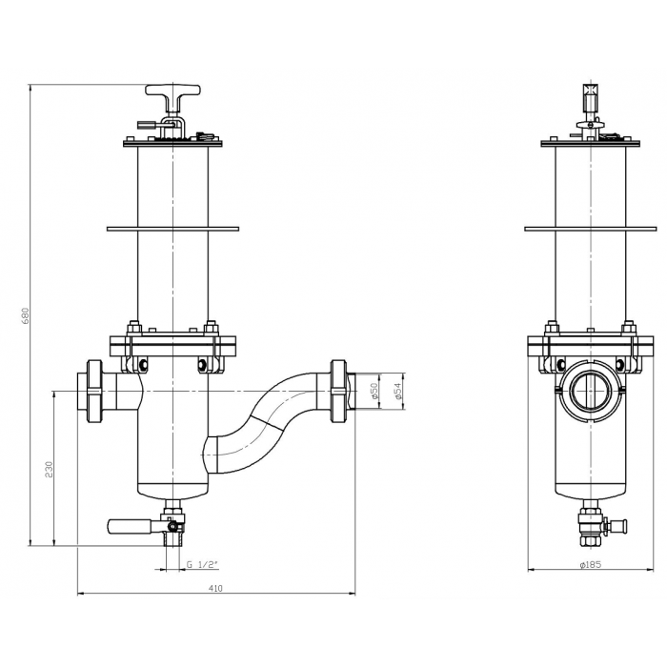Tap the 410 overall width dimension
pyautogui.click(x=215, y=589)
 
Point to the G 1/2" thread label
pyautogui.click(x=202, y=565)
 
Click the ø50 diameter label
pyautogui.click(x=375, y=391)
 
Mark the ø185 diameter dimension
pyautogui.click(x=593, y=565)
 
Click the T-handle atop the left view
pyautogui.click(x=172, y=93)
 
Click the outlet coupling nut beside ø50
pyautogui.click(x=337, y=391)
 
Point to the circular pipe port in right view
pyautogui.click(x=593, y=392)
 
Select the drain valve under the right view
pyautogui.click(x=593, y=526)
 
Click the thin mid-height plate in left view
pyautogui.click(x=172, y=228)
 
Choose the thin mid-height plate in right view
pyautogui.click(x=593, y=228)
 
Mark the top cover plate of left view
pyautogui.click(x=172, y=143)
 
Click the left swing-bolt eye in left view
pyautogui.click(x=143, y=364)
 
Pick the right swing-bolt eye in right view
pyautogui.click(x=622, y=364)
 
